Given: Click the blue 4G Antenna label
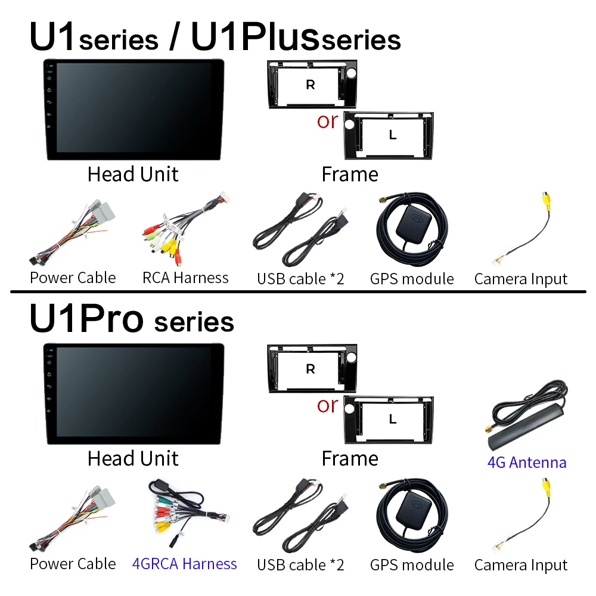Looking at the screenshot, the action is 527,462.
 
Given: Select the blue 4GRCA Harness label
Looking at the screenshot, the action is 184,564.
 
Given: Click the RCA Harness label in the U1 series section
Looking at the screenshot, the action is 185,278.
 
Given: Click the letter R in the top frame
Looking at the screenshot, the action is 311,85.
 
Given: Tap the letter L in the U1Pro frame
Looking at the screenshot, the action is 393,419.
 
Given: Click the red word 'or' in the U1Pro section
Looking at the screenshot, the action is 327,405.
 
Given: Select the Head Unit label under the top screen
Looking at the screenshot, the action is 133,174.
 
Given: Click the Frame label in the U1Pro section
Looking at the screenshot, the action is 350,458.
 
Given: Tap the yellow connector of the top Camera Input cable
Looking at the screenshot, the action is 546,204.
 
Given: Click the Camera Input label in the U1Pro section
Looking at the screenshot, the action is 521,565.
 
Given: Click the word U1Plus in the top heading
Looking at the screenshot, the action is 254,36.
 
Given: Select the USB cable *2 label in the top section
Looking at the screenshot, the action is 300,279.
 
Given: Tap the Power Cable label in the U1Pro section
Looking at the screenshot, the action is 73,564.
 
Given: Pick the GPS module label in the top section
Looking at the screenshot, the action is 412,279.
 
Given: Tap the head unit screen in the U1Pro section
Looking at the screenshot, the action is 134,394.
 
